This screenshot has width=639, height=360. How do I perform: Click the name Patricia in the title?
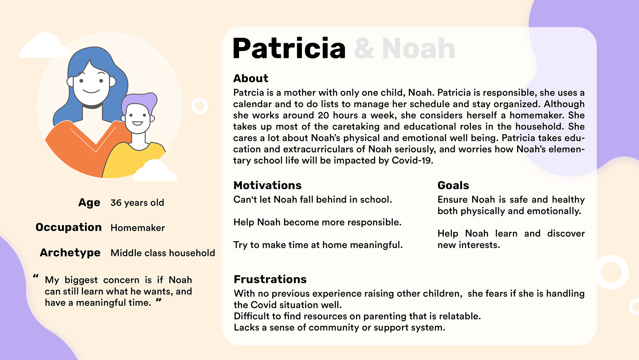point(289,48)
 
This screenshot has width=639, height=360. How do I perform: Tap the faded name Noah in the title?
point(419,49)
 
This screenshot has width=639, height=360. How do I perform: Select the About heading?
point(251,78)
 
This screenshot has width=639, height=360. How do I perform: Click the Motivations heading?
point(268,185)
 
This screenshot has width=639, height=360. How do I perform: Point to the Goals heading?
point(453,185)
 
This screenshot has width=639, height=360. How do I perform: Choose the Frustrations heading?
point(270,279)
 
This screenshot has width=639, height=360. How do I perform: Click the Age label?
point(89,203)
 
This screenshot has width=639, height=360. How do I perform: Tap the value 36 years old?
point(137,202)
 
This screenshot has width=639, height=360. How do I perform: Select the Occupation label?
point(69,227)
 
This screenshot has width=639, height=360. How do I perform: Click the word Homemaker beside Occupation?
point(138,228)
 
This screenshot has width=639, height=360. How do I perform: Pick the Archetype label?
point(70,253)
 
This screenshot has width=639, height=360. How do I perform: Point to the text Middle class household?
point(163,253)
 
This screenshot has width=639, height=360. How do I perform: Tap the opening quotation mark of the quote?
point(36,276)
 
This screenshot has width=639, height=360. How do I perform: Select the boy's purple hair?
point(140,101)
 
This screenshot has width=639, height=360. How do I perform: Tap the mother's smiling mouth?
point(91,91)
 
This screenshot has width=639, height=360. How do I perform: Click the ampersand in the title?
point(364,49)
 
